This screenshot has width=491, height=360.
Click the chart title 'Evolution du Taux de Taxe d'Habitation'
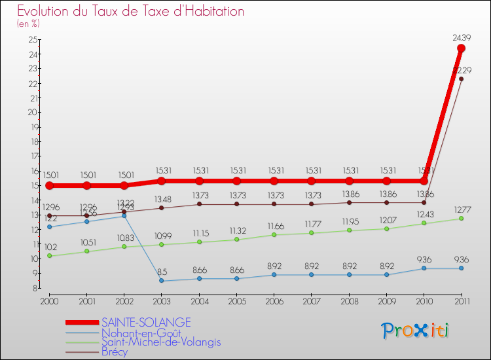point(131,11)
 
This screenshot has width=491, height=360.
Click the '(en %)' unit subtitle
point(28,24)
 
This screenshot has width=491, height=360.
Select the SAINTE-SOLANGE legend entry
point(146,322)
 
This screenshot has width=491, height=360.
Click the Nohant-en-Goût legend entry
point(141,332)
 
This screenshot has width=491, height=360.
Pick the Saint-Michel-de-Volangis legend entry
point(161,342)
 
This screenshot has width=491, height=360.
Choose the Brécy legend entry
point(115,351)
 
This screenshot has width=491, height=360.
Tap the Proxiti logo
point(416,330)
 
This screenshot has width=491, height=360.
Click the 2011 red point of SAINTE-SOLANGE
point(462,48)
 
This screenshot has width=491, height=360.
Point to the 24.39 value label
point(462,38)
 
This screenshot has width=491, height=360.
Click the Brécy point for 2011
point(462,79)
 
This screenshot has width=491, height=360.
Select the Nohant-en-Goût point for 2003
point(161,281)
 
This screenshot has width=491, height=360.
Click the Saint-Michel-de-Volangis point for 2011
point(462,219)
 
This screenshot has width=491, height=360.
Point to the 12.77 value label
point(462,209)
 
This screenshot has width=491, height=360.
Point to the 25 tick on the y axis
point(33,39)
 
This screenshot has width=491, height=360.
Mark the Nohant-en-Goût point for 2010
point(424,268)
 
